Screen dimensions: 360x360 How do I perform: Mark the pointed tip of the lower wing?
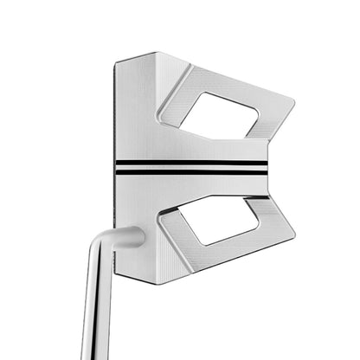(x=295, y=235)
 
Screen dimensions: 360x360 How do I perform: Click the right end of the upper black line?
(x=266, y=161)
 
